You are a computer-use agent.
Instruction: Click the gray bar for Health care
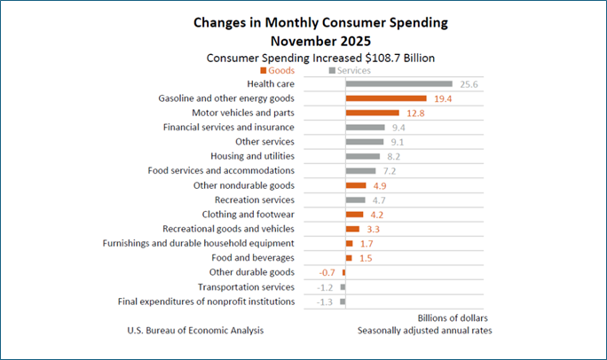[x=398, y=84]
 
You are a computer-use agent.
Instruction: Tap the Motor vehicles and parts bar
[x=372, y=113]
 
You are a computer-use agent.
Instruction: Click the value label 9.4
[x=399, y=128]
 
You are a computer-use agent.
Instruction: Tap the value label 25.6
[x=464, y=84]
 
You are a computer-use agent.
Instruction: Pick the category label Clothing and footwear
[x=245, y=214]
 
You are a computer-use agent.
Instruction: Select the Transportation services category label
[x=246, y=286]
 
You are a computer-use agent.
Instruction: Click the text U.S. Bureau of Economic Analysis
[x=195, y=331]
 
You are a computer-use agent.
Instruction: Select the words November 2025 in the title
[x=303, y=40]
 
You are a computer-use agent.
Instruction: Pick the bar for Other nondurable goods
[x=356, y=185]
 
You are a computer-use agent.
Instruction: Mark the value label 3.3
[x=374, y=229]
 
